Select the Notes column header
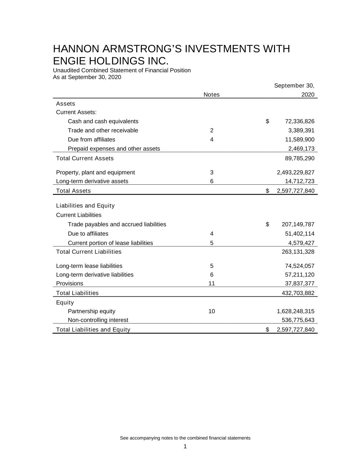coord(211,95)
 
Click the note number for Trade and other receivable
coord(212,130)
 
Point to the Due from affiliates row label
coord(91,140)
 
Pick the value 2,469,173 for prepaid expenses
coord(301,149)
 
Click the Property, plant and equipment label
coord(95,172)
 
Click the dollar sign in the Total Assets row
coord(268,191)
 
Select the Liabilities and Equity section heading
coord(85,206)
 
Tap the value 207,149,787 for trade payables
coord(298,224)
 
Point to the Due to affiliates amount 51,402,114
coord(300,234)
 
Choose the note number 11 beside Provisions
coord(212,283)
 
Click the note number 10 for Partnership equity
coord(212,311)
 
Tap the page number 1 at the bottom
coord(185,447)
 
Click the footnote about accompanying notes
coord(185,438)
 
